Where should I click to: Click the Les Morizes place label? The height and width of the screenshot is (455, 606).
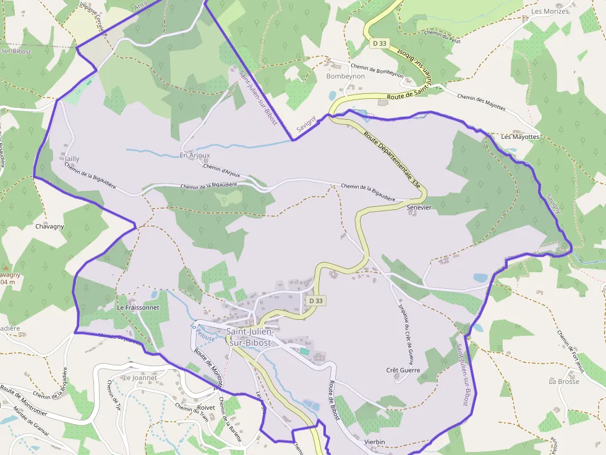[x=550, y=11]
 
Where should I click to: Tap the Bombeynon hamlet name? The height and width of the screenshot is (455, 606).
[x=345, y=76]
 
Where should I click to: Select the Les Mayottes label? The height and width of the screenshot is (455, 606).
[x=520, y=136]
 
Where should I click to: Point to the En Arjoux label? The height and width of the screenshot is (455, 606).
[x=195, y=155]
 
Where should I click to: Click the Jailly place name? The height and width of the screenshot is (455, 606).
[x=72, y=159]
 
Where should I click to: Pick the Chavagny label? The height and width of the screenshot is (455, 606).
[x=49, y=227]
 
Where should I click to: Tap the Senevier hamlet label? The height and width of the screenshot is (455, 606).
[x=419, y=207]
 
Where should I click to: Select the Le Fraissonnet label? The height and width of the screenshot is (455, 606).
[x=138, y=307]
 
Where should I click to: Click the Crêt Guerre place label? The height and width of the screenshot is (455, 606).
[x=403, y=370]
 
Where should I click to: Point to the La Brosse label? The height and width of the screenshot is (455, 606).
[x=563, y=382]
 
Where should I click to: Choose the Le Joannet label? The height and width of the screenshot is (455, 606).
[x=140, y=377]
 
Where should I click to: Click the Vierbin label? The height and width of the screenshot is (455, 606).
[x=375, y=442]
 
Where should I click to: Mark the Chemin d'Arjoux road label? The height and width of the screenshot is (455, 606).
[x=221, y=171]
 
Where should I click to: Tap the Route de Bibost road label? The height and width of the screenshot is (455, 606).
[x=333, y=400]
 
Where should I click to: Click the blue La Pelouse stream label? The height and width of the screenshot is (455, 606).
[x=203, y=333]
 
